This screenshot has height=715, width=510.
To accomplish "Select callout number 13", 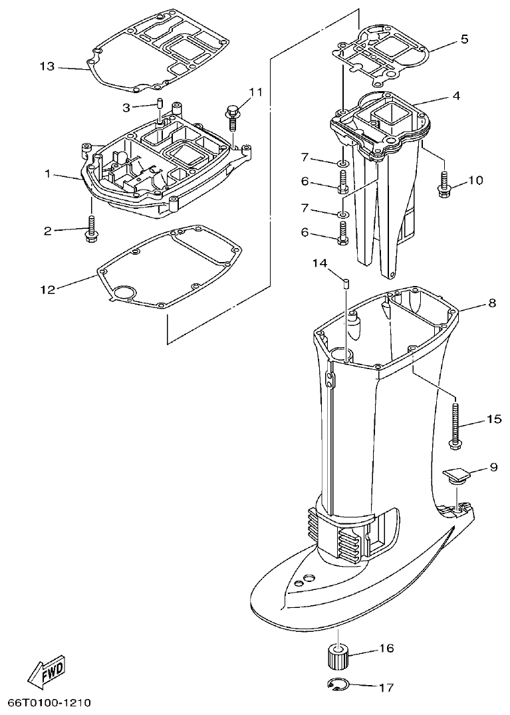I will pyautogui.click(x=47, y=66).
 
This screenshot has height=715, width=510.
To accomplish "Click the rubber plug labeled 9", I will pyautogui.click(x=455, y=476).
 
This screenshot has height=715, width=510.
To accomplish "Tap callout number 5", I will pyautogui.click(x=464, y=39).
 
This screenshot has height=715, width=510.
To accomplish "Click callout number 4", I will pyautogui.click(x=456, y=96).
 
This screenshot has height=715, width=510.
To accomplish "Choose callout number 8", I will pyautogui.click(x=491, y=303).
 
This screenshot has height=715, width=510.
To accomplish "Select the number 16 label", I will pyautogui.click(x=386, y=648).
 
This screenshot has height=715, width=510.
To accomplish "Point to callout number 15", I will pyautogui.click(x=493, y=419).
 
